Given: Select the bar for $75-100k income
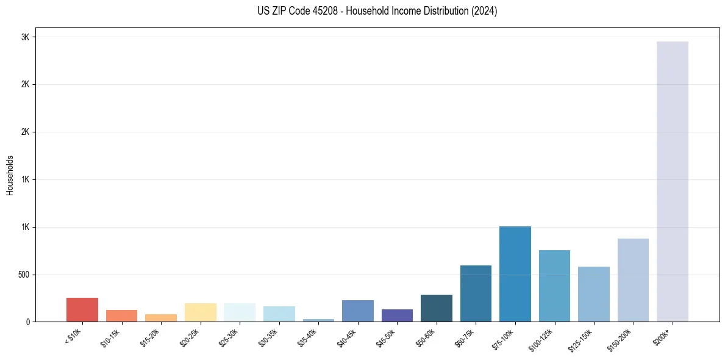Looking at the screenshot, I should [x=515, y=274].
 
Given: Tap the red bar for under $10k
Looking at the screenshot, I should [x=82, y=310].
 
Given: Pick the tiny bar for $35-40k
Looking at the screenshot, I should [x=318, y=320].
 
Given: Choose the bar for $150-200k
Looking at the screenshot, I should [x=633, y=280].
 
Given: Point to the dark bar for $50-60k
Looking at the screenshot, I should [x=437, y=308].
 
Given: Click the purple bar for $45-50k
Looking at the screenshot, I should [x=397, y=315].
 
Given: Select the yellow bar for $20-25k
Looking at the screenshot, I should [x=200, y=312].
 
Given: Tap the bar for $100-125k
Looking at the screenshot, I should [x=554, y=286].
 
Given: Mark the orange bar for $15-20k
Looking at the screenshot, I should [x=161, y=318].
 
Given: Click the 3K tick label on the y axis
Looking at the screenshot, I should [x=25, y=37].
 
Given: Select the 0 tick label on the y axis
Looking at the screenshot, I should [x=27, y=322].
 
